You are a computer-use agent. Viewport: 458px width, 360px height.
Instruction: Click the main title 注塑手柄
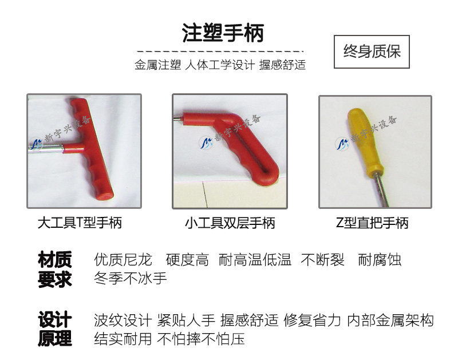click(223, 33)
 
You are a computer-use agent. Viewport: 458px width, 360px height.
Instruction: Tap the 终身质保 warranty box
click(372, 52)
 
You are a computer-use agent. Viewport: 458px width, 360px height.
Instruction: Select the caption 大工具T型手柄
click(80, 223)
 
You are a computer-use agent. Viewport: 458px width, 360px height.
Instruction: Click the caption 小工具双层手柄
click(230, 223)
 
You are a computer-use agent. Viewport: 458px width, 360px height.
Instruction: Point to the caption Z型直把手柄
click(372, 223)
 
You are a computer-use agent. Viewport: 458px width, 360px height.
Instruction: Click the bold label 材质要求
click(54, 269)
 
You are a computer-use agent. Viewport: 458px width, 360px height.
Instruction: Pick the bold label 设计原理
click(54, 329)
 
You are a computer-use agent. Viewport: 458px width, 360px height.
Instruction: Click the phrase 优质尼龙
click(123, 260)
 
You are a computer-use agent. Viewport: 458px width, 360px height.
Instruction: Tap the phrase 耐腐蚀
click(380, 260)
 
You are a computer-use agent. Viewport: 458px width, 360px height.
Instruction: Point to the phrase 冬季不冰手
click(131, 278)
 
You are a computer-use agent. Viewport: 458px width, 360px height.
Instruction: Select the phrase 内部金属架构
click(390, 321)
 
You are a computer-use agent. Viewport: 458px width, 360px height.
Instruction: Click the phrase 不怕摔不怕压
click(201, 339)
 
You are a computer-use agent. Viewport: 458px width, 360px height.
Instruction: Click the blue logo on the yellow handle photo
click(342, 144)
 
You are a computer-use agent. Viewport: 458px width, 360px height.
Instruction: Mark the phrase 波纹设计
click(123, 321)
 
